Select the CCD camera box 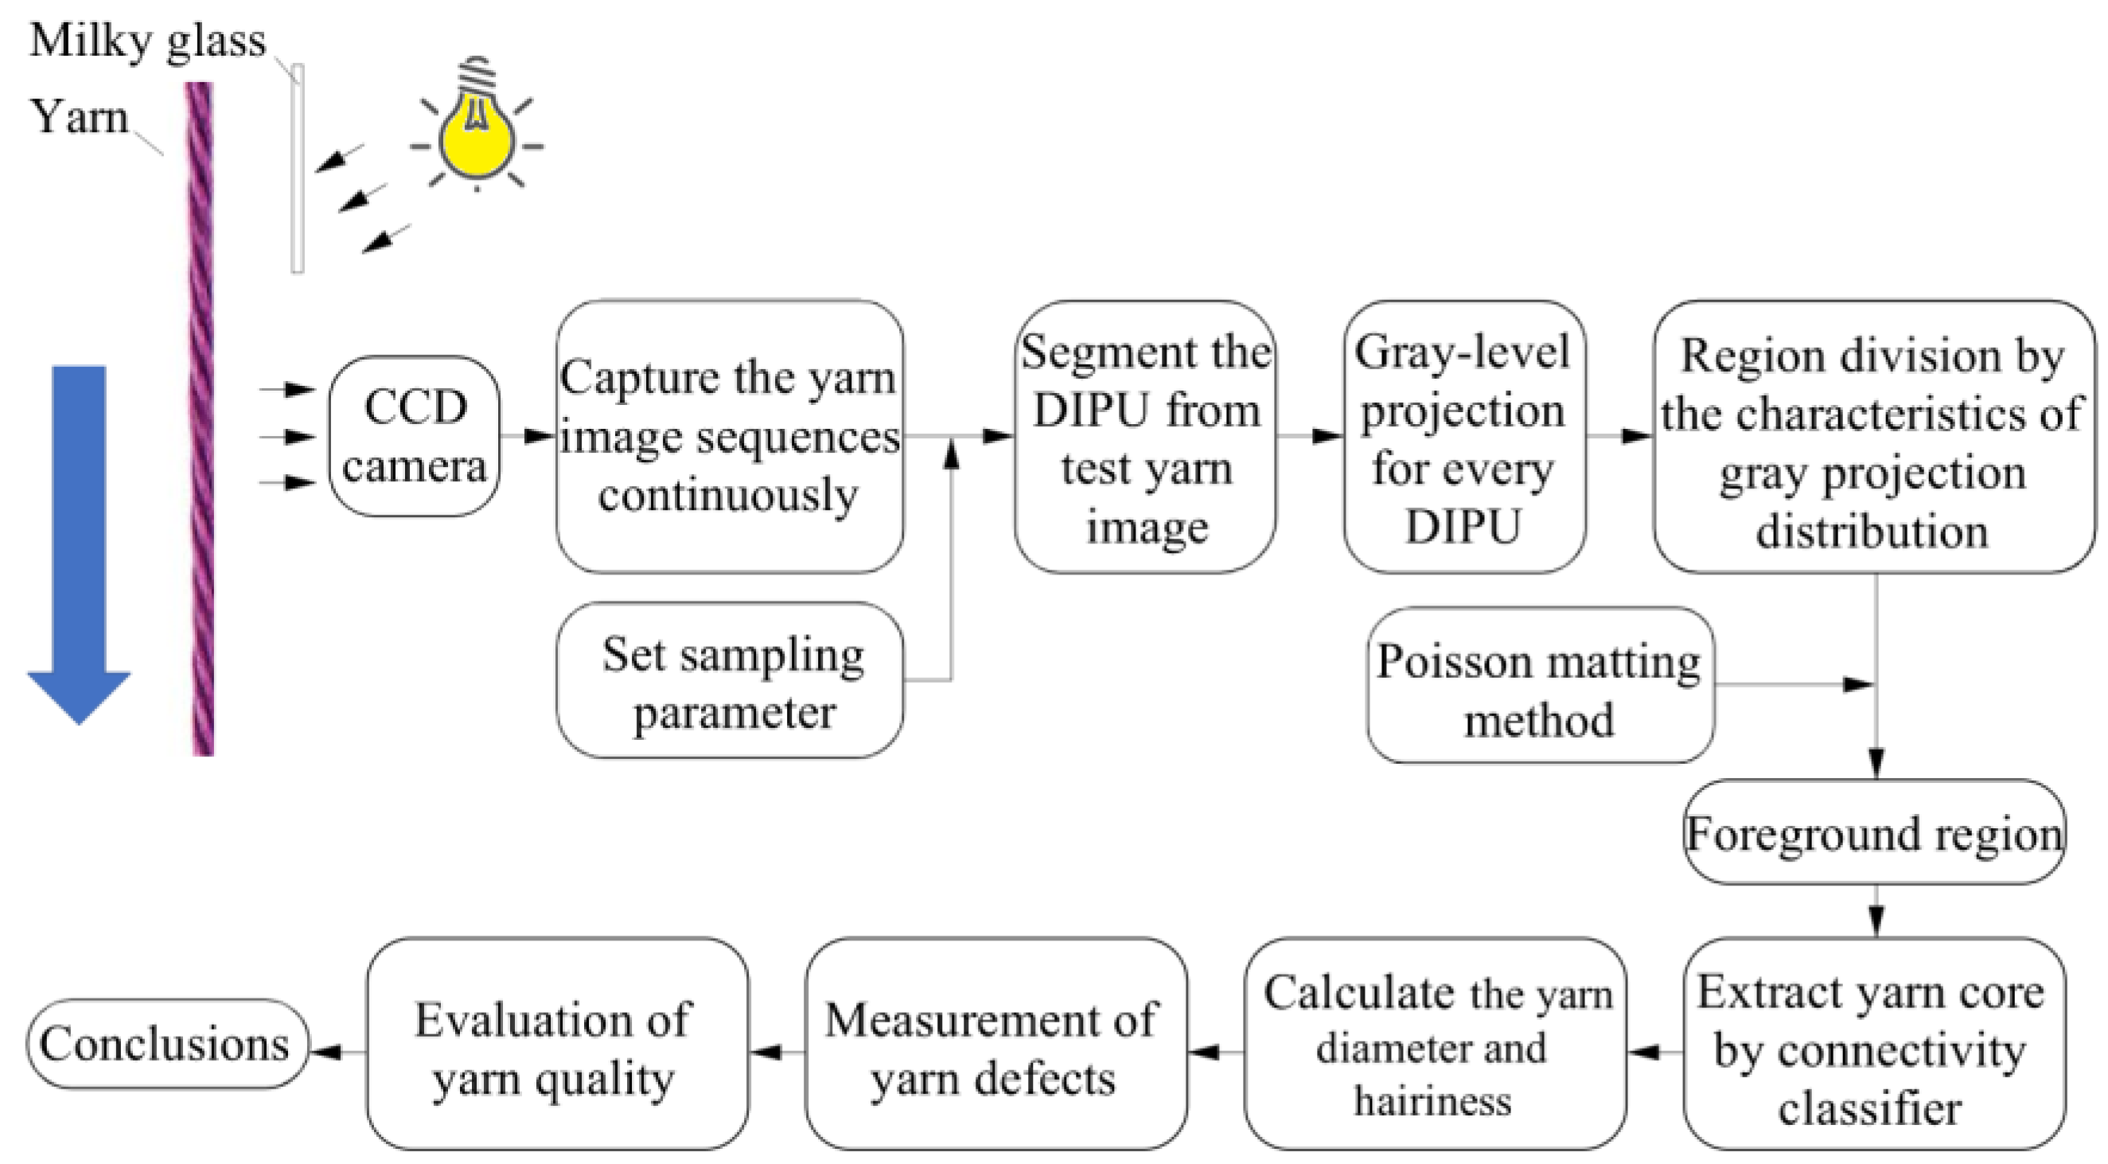[x=415, y=436]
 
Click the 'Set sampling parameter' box [x=731, y=680]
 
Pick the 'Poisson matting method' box [x=1540, y=686]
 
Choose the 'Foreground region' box [x=1874, y=832]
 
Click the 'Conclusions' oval [x=167, y=1045]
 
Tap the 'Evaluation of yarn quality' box [x=557, y=1045]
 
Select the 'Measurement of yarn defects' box [x=996, y=1045]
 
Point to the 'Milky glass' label [x=147, y=39]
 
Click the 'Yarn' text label [x=80, y=116]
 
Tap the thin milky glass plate [x=297, y=168]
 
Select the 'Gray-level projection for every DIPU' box [x=1465, y=436]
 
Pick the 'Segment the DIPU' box [x=1146, y=436]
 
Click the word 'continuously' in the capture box [x=728, y=496]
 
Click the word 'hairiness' [x=1432, y=1100]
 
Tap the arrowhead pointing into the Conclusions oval [x=325, y=1052]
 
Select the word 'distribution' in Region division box [x=1872, y=531]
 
